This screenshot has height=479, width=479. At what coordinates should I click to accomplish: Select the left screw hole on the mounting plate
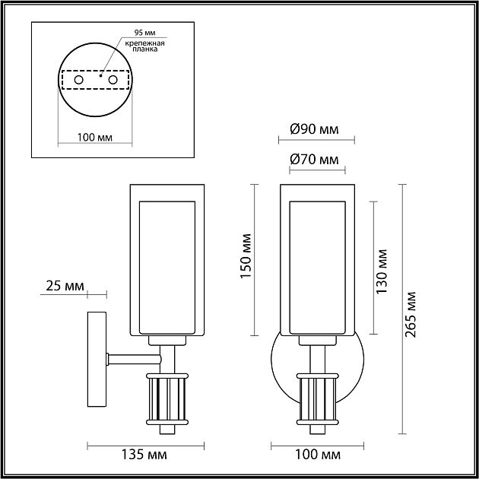pyautogui.click(x=78, y=80)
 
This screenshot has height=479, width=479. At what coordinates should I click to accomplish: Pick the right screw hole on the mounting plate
pyautogui.click(x=113, y=80)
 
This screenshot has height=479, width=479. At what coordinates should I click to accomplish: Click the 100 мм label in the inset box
pyautogui.click(x=95, y=138)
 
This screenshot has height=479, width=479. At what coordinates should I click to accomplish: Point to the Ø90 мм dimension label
pyautogui.click(x=314, y=129)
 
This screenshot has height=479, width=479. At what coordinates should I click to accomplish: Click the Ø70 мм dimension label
pyautogui.click(x=314, y=160)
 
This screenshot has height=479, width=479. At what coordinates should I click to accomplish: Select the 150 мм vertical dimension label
pyautogui.click(x=246, y=256)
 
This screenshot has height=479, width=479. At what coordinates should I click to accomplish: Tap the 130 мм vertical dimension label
pyautogui.click(x=382, y=270)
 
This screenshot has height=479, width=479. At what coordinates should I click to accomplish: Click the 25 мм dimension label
pyautogui.click(x=63, y=286)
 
